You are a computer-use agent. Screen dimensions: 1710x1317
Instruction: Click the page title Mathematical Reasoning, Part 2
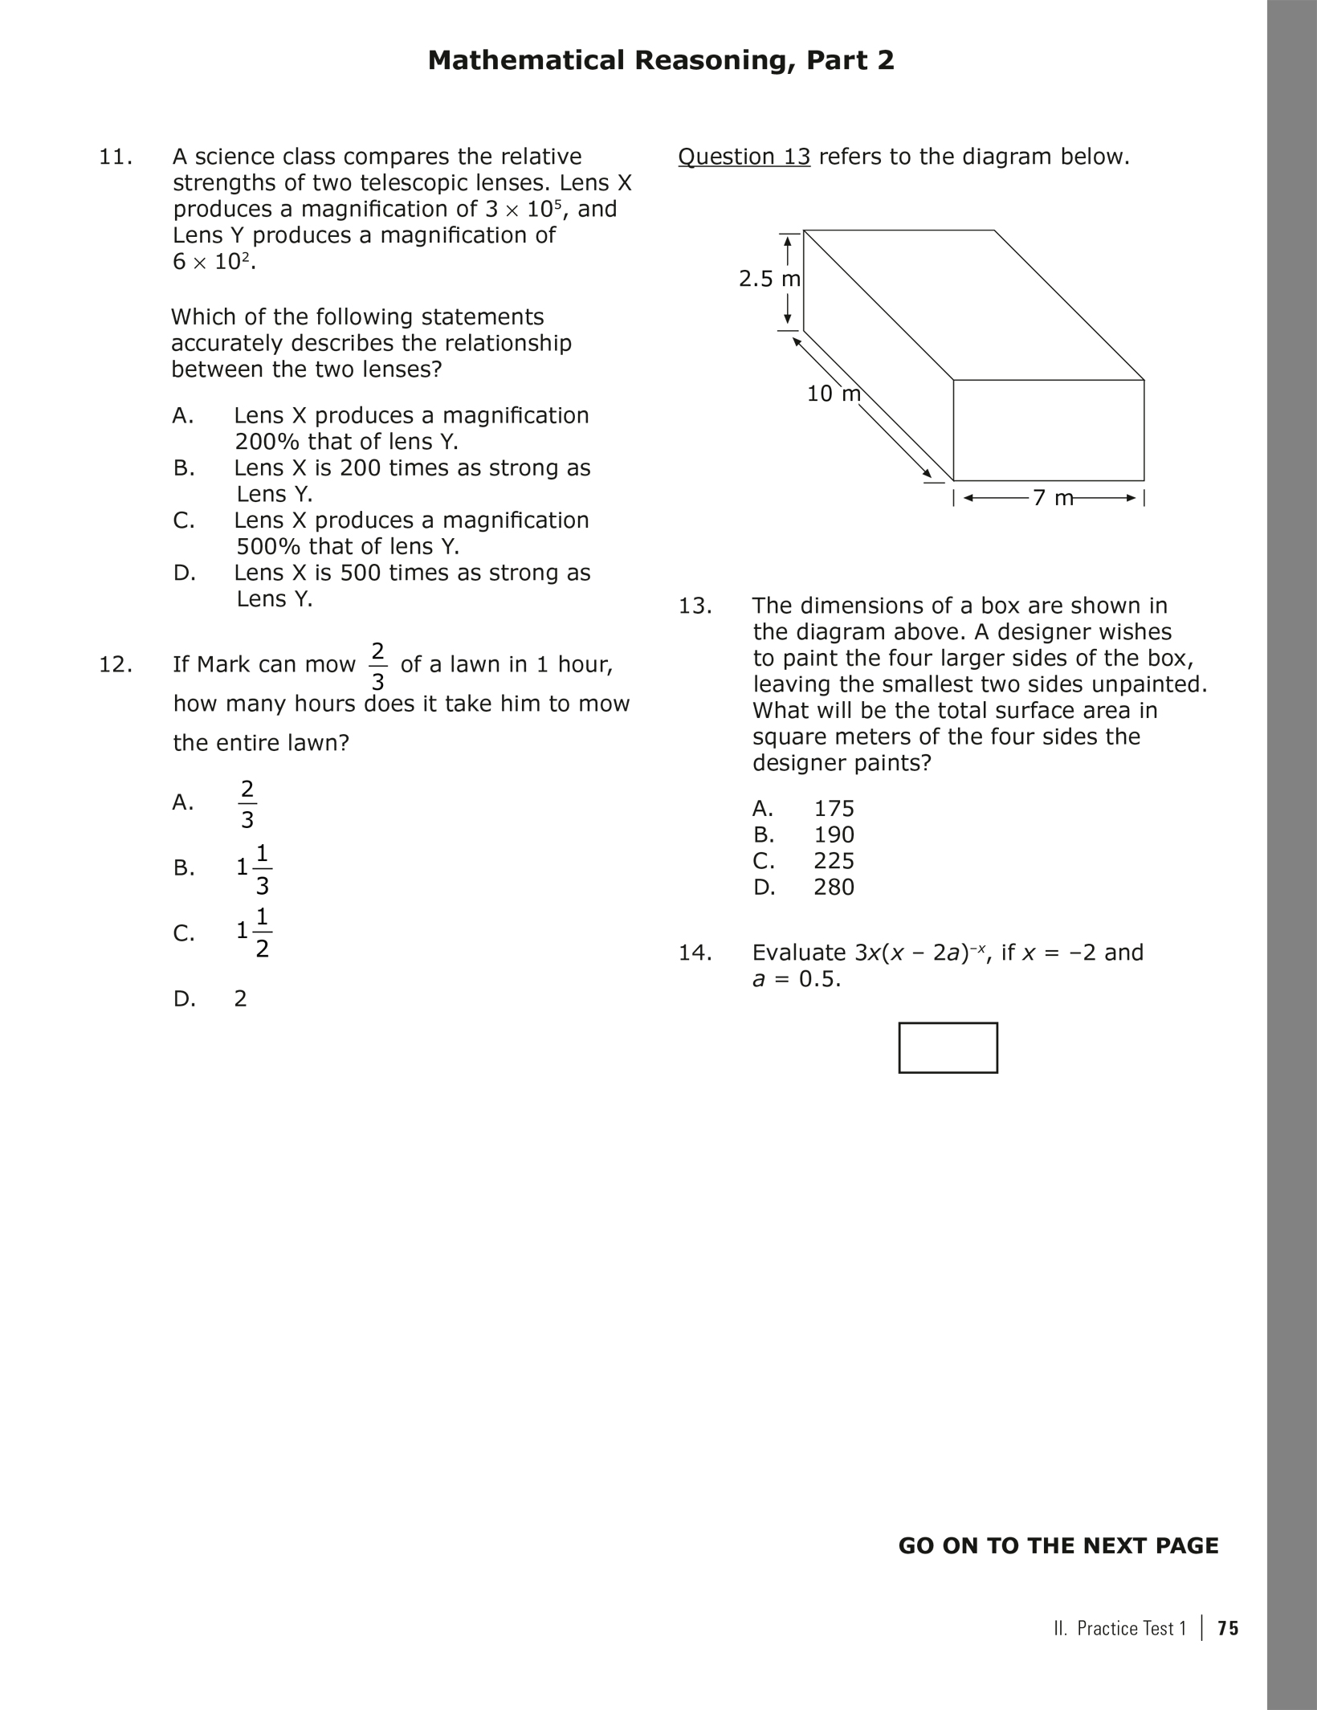point(660,61)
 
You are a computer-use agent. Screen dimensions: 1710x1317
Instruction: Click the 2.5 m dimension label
point(769,279)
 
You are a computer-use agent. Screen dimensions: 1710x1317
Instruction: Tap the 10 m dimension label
point(833,394)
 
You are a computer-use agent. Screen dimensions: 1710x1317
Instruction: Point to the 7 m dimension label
point(1052,498)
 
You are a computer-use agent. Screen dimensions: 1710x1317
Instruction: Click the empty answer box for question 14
point(948,1047)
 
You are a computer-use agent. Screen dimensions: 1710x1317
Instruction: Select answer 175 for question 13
point(834,808)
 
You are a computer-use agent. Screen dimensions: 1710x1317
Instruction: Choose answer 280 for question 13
point(834,887)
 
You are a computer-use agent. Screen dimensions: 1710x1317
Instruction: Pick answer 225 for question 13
point(834,861)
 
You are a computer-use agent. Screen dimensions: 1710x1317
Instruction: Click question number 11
point(116,157)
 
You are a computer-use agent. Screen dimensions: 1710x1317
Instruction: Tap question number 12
point(116,664)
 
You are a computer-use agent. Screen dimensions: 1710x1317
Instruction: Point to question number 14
point(695,953)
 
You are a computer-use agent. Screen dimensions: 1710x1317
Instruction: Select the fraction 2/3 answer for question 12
point(247,803)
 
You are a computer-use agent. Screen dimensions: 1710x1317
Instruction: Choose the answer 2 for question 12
point(240,998)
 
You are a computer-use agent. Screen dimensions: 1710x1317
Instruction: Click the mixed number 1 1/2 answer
point(254,933)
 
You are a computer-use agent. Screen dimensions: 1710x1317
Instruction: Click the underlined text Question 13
point(744,157)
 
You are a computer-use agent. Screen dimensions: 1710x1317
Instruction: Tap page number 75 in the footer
point(1228,1628)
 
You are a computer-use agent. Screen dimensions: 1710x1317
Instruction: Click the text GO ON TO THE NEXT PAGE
point(1058,1545)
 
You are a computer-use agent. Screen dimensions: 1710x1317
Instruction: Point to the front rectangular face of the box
point(1048,431)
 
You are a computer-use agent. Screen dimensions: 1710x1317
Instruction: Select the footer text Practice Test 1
point(1131,1628)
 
